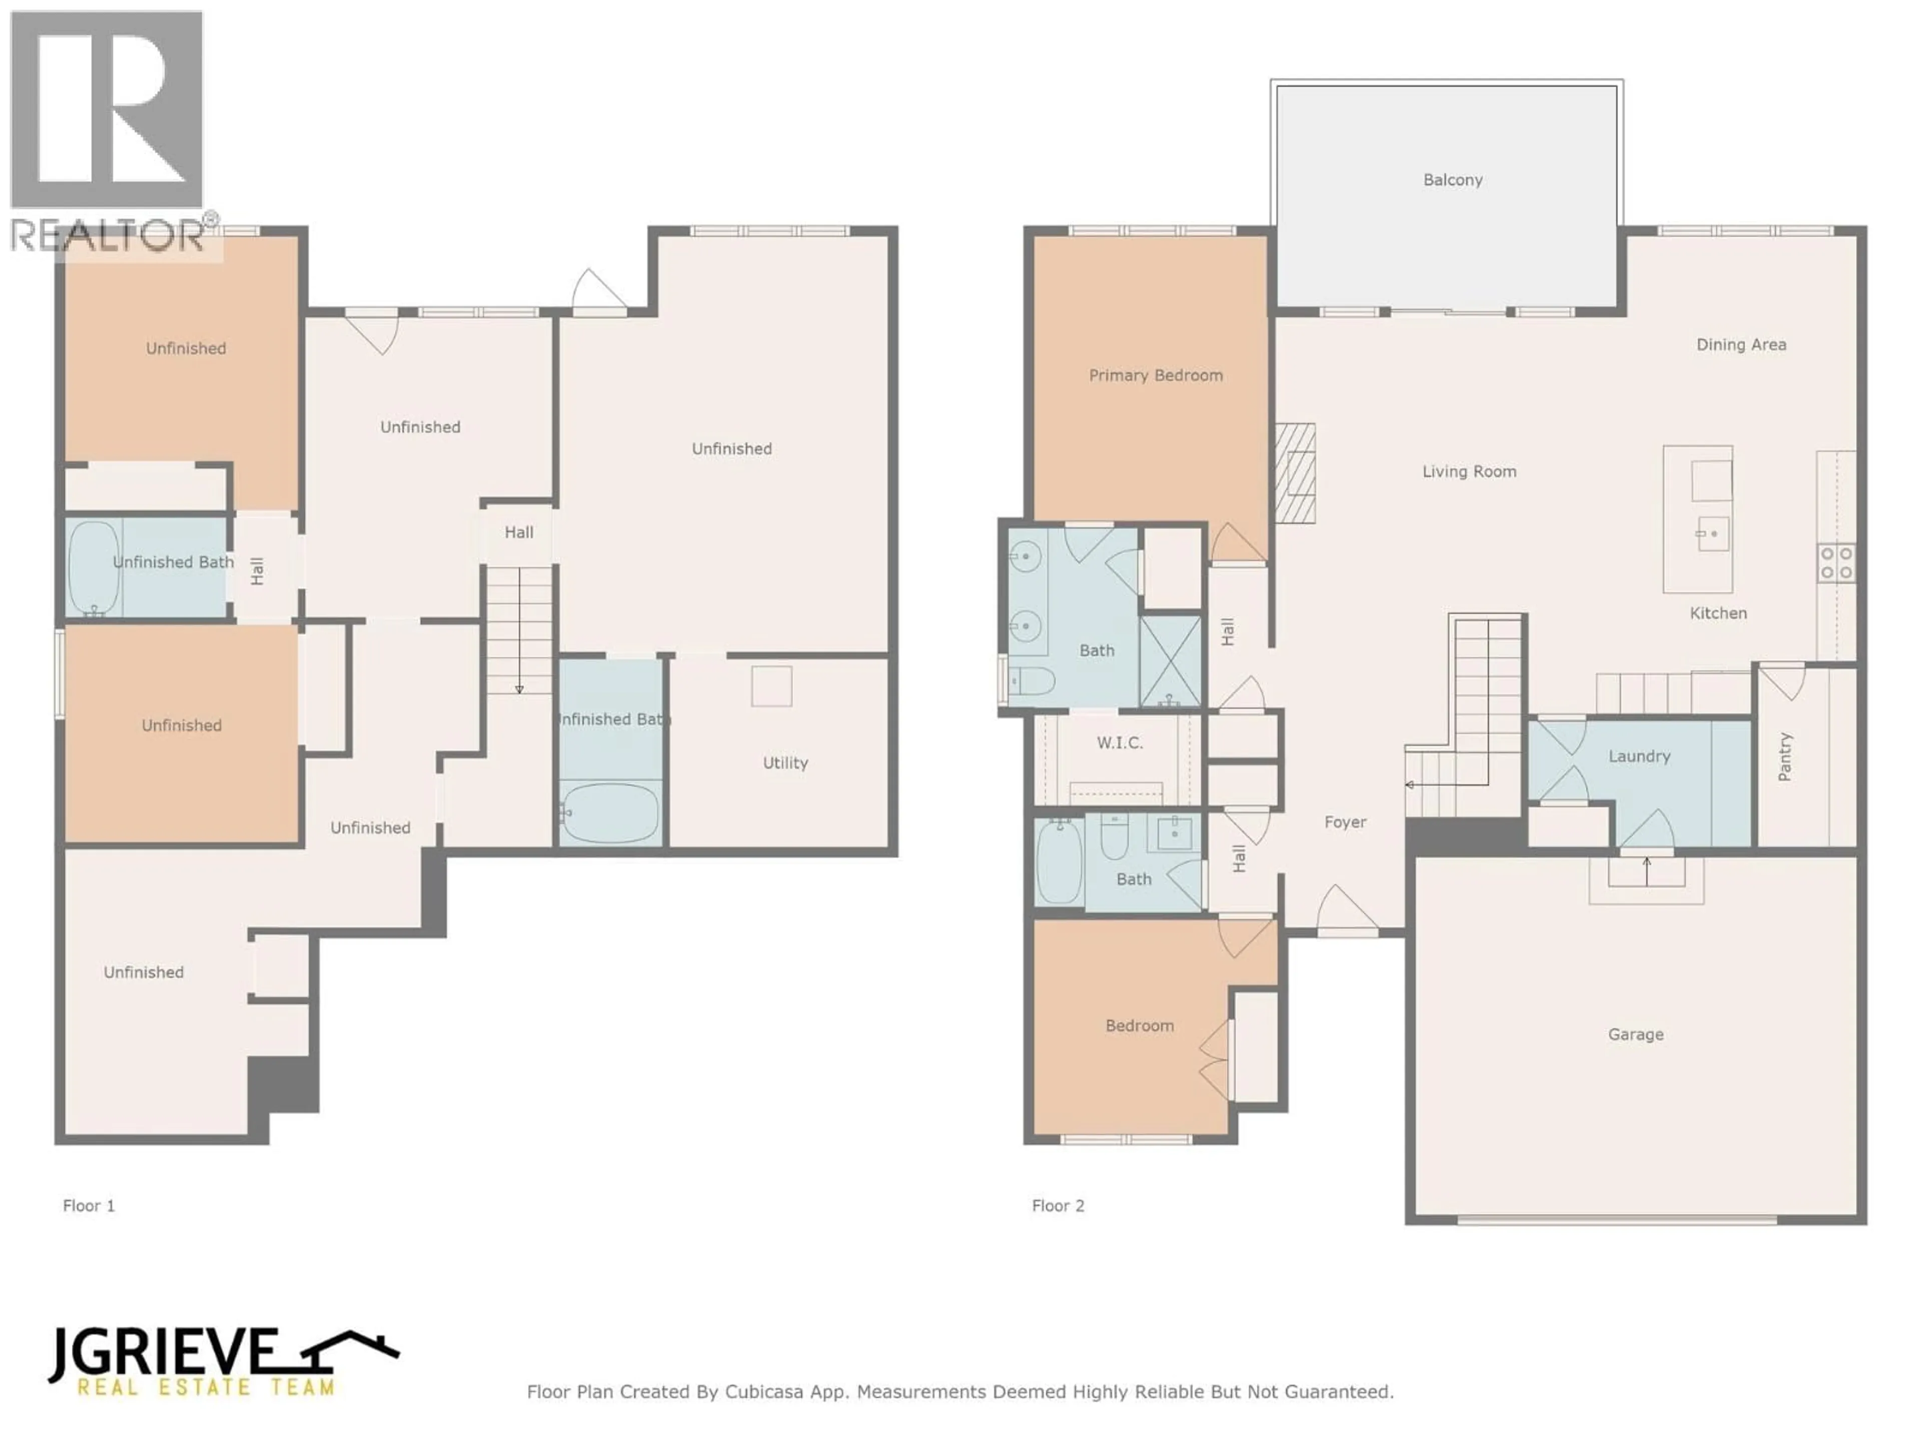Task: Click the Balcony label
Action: pos(1452,180)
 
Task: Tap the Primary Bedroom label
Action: pos(1155,375)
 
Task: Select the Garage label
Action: pos(1635,1034)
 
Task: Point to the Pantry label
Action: pos(1784,757)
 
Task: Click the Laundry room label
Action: pos(1639,756)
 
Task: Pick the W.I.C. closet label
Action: pos(1120,743)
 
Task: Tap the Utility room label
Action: pos(785,763)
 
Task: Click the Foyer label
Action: pos(1345,822)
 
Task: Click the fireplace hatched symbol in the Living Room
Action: pos(1295,473)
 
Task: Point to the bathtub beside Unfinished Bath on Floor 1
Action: pos(93,567)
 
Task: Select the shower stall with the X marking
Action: pos(1170,660)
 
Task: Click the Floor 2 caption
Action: pos(1058,1206)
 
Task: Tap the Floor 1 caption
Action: pos(89,1206)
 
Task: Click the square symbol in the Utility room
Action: pos(771,686)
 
